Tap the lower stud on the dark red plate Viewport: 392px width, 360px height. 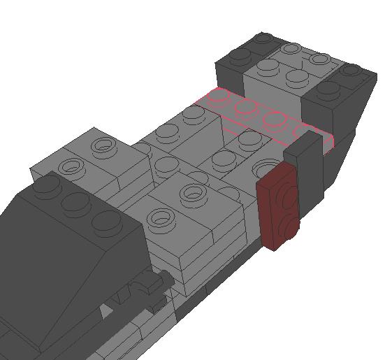(289, 225)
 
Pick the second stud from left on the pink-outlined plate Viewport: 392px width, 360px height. (246, 107)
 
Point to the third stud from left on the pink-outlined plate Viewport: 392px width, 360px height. (274, 118)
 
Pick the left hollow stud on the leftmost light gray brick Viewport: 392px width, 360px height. (70, 166)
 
